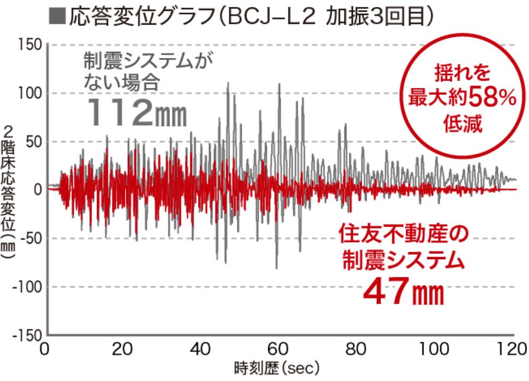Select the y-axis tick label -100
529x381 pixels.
25,287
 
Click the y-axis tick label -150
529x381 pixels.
25,336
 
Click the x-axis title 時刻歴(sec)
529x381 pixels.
276,368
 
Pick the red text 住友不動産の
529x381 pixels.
402,234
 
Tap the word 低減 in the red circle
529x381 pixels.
461,126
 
